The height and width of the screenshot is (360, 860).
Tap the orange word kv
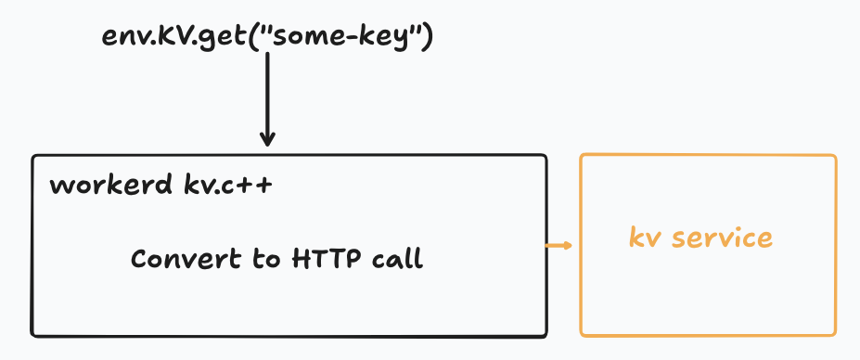[x=647, y=238]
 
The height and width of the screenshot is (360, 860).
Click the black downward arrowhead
[x=267, y=139]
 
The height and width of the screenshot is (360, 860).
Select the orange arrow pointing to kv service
[x=559, y=245]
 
